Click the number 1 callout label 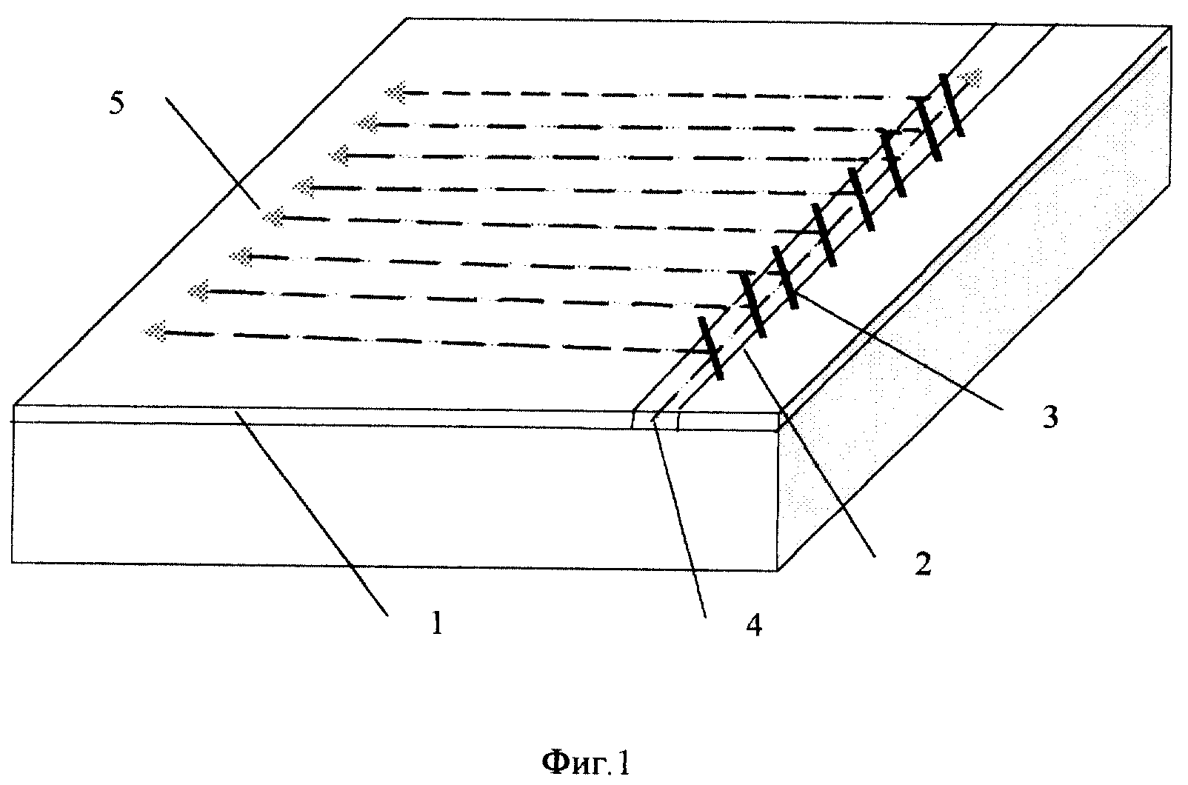(437, 623)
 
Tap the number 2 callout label (923, 564)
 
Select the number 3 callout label (1049, 417)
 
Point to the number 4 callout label (754, 625)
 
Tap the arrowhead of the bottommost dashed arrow (154, 332)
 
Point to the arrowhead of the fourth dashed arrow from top (304, 187)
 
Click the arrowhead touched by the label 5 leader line (273, 217)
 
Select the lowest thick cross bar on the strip (711, 348)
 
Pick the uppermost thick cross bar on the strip (952, 105)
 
